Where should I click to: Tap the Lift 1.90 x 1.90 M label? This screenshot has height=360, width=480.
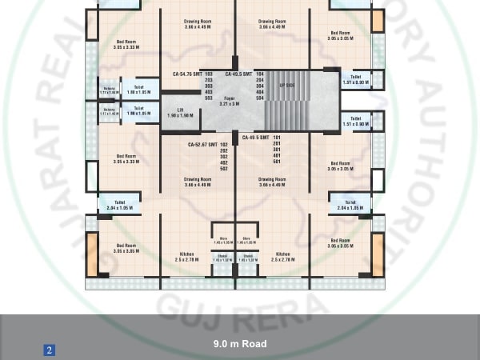(x=176, y=114)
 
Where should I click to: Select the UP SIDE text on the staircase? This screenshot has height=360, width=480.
(x=286, y=84)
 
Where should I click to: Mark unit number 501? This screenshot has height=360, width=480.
(x=276, y=162)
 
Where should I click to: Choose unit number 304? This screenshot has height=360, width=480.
(x=260, y=86)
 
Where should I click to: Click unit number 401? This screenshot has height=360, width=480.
(x=276, y=156)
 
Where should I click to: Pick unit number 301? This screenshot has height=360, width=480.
(x=276, y=150)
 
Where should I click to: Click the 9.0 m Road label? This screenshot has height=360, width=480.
(x=240, y=344)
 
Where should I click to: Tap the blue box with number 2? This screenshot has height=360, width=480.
(x=49, y=350)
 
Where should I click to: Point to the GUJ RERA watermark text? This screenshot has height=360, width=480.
(x=240, y=310)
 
